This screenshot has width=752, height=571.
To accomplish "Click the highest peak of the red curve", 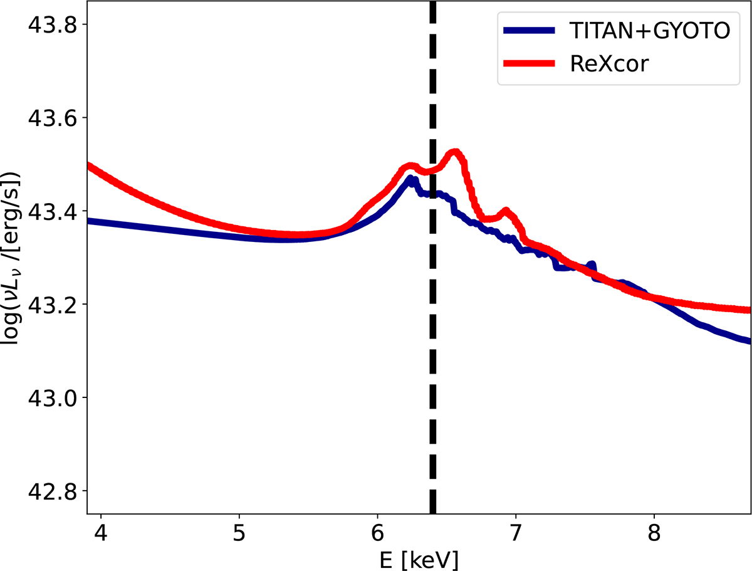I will [455, 152].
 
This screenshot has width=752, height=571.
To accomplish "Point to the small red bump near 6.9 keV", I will [505, 211].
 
